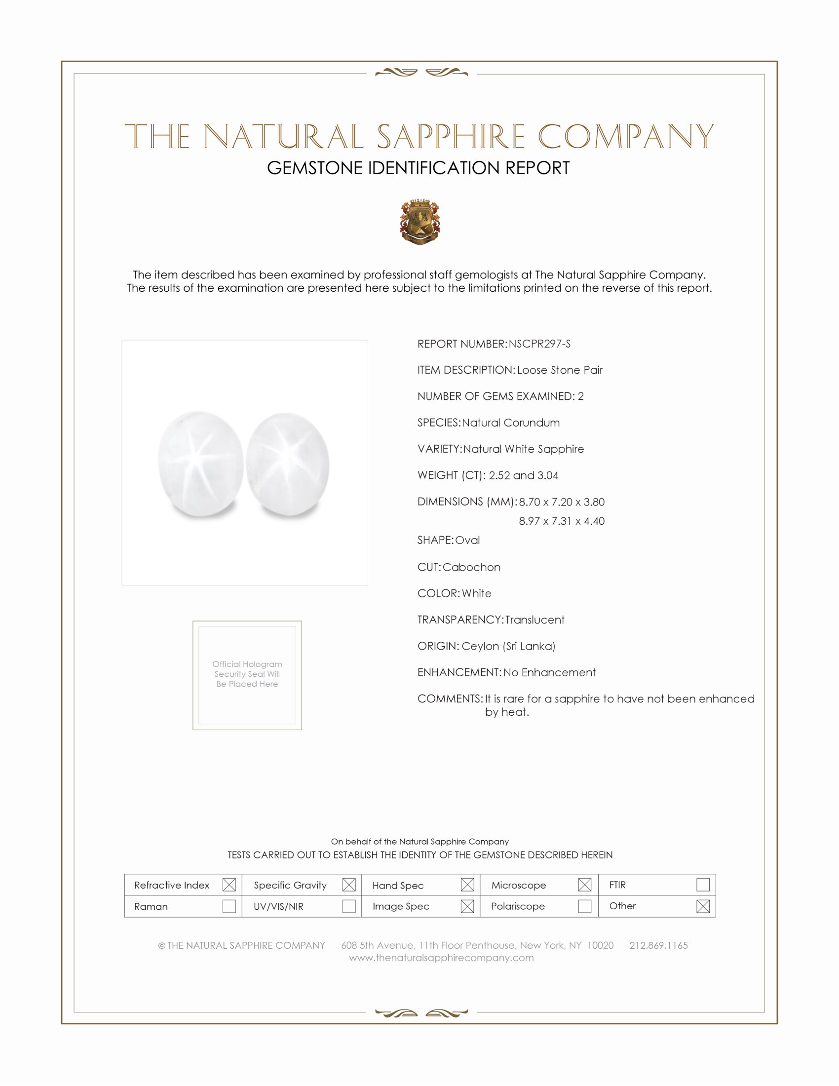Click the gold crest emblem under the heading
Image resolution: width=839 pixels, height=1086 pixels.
pyautogui.click(x=420, y=222)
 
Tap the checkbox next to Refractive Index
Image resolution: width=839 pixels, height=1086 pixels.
pyautogui.click(x=229, y=885)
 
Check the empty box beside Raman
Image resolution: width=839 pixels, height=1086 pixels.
pyautogui.click(x=229, y=906)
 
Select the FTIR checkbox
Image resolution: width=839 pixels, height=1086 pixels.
pyautogui.click(x=703, y=885)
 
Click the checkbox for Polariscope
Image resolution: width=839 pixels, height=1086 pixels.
pyautogui.click(x=585, y=906)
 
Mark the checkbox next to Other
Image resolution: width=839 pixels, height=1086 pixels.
pyautogui.click(x=703, y=906)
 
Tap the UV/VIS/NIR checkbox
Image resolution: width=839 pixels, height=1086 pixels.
pyautogui.click(x=349, y=906)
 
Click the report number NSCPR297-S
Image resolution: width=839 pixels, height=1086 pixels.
pyautogui.click(x=539, y=344)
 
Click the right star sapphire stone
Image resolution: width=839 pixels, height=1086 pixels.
pyautogui.click(x=288, y=465)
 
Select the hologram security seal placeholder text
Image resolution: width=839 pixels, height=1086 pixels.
pyautogui.click(x=247, y=674)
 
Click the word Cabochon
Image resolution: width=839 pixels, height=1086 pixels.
pyautogui.click(x=471, y=567)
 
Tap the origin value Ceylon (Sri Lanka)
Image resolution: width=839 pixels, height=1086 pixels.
pyautogui.click(x=508, y=647)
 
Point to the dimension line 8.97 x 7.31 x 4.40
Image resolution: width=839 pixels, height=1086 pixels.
pyautogui.click(x=562, y=521)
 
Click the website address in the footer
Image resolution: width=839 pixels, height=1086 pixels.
pyautogui.click(x=441, y=958)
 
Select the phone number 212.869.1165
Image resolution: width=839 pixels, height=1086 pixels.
pyautogui.click(x=658, y=945)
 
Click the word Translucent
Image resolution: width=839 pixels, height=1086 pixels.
pyautogui.click(x=535, y=620)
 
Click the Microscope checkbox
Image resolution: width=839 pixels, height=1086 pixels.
pyautogui.click(x=585, y=885)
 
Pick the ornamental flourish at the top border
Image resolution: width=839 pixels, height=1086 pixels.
pyautogui.click(x=421, y=73)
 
